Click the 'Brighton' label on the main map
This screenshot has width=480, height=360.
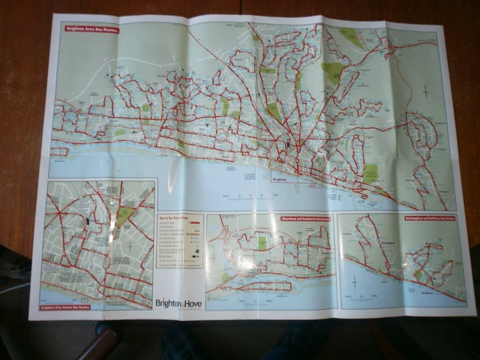(280, 180)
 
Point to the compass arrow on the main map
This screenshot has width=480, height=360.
(425, 91)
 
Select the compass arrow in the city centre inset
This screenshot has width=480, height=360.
(130, 244)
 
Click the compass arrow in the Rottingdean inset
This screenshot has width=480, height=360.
(353, 283)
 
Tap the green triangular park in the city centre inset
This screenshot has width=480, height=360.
(124, 217)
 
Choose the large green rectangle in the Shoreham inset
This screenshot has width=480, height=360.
(262, 242)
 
